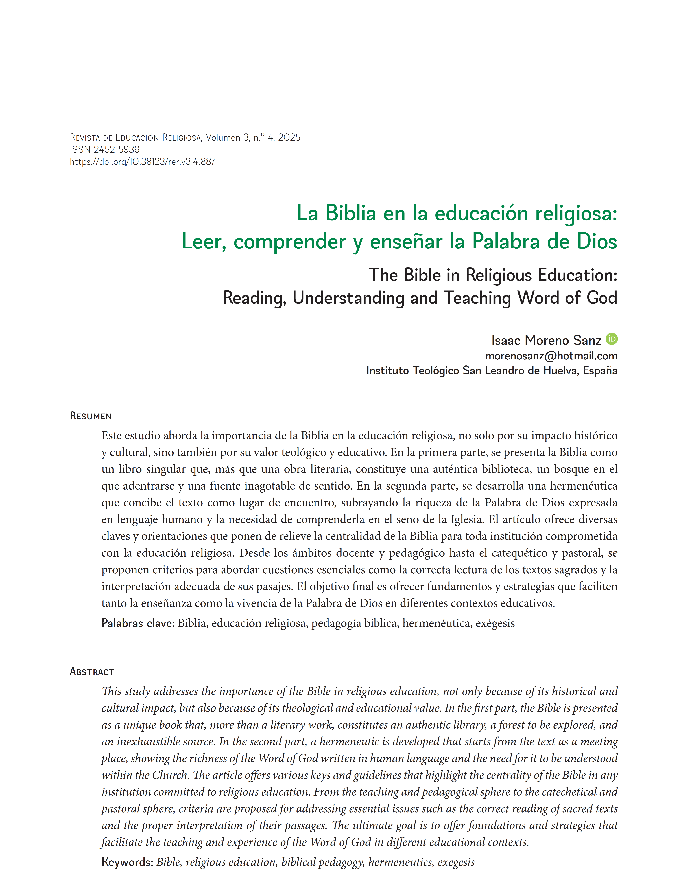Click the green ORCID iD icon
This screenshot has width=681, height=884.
(x=611, y=339)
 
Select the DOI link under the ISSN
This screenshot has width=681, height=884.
(x=142, y=161)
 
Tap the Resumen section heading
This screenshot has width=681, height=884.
(x=91, y=416)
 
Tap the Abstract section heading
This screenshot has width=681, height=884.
(x=92, y=672)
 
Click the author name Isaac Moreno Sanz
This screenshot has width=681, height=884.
(x=546, y=340)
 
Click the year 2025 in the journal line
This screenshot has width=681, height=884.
(x=289, y=138)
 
